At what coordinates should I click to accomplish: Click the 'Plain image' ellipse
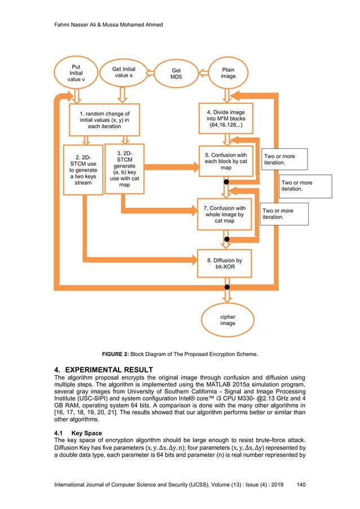228,73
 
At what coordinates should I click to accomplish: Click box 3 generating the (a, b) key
125,169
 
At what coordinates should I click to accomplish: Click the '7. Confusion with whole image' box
225,214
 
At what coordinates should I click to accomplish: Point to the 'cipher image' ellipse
228,319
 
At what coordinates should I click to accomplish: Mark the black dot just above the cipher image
227,288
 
